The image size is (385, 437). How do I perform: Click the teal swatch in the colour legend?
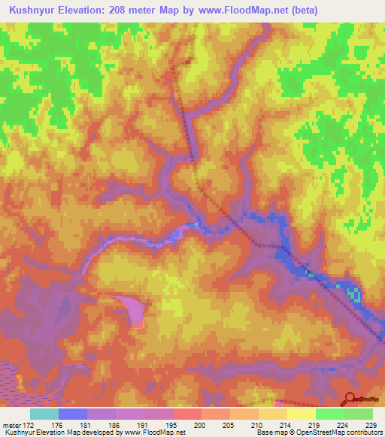[44, 414]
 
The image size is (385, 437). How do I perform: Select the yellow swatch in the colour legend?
[301, 414]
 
